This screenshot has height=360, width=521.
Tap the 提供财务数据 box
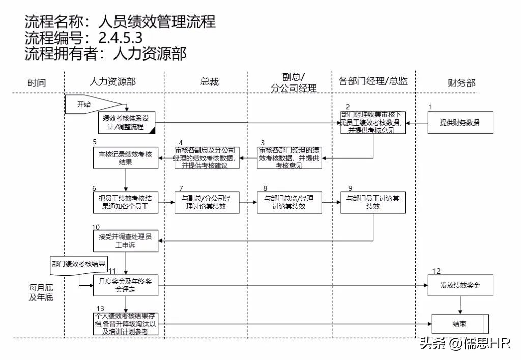(459, 123)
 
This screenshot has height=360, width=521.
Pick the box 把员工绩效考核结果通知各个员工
(125, 202)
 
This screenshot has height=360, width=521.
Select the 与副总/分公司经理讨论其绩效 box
(207, 202)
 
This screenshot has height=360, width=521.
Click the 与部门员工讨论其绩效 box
(373, 202)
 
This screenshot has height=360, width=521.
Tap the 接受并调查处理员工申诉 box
(125, 240)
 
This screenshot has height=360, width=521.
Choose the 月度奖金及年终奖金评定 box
(125, 285)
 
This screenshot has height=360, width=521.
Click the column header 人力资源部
(112, 82)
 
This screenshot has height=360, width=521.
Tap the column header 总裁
(209, 82)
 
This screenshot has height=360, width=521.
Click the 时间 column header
(37, 83)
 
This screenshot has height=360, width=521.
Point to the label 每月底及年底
(41, 292)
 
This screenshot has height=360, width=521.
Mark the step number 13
(100, 309)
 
